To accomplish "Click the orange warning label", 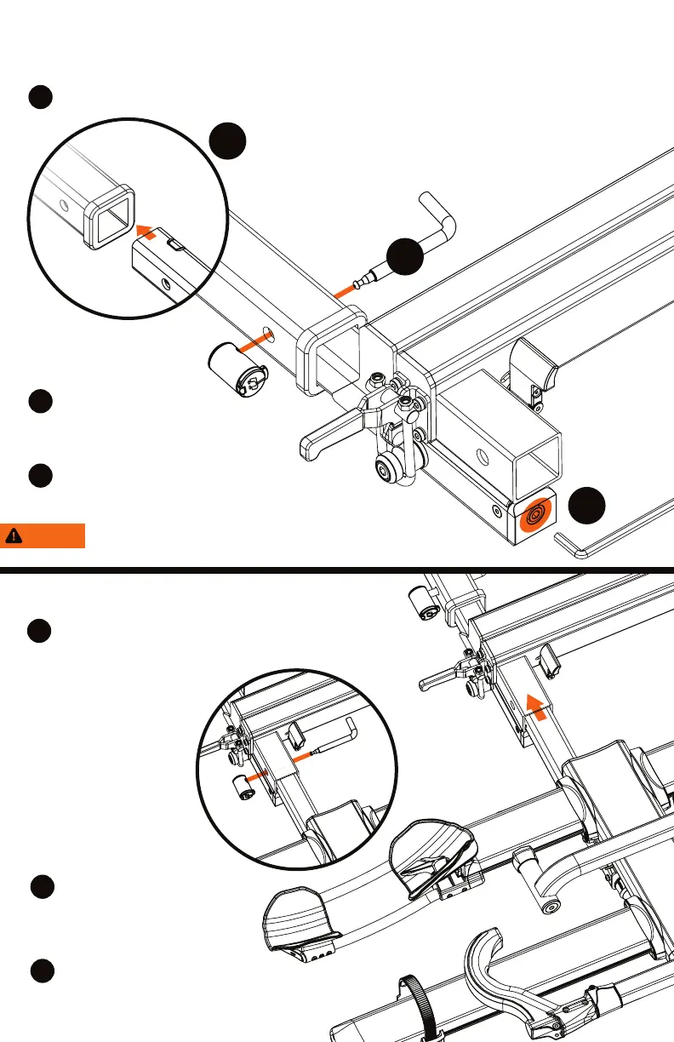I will point(43,535).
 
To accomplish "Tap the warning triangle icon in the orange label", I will point(14,535).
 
